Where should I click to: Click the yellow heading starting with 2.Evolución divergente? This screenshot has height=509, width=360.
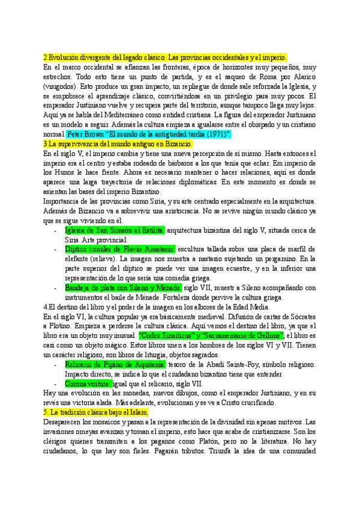(x=165, y=57)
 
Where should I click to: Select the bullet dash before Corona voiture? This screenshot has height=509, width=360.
(x=56, y=384)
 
